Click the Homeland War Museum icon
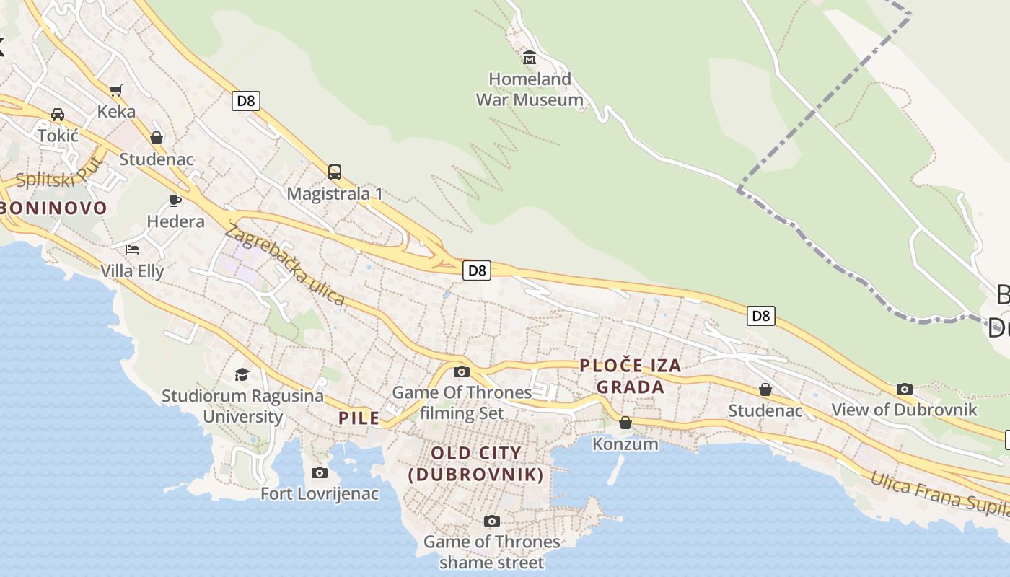pos(530,56)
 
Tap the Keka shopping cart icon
pos(115,90)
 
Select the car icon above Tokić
pos(57,115)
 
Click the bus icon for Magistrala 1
pos(334,172)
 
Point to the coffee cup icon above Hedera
pos(175,200)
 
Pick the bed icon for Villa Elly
pos(131,250)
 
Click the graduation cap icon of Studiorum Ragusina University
pos(242,374)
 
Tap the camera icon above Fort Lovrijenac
pos(319,472)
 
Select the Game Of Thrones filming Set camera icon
pos(461,371)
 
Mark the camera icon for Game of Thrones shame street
pos(491,521)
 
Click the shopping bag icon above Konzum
pos(625,423)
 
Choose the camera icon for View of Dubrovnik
pos(904,389)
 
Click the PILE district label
pos(359,418)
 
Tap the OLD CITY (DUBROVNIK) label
pos(475,464)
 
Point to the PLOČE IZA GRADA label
pos(631,376)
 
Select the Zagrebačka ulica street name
pos(285,265)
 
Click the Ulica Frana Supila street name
pos(938,494)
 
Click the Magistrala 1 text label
pos(335,194)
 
